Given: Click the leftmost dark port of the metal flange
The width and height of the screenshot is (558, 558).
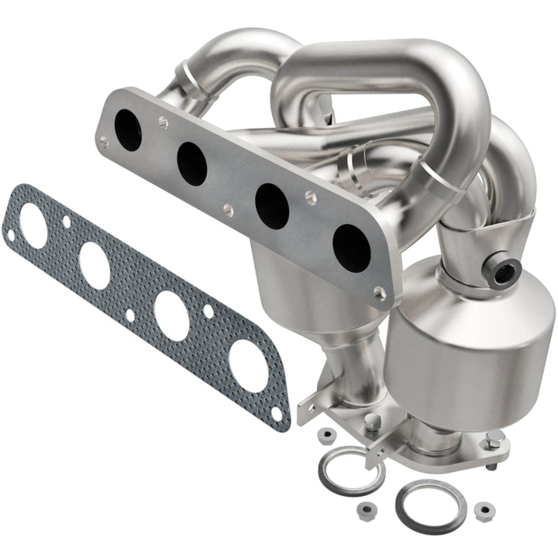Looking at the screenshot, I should pyautogui.click(x=129, y=129).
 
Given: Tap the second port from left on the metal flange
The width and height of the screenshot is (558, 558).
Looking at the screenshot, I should pyautogui.click(x=191, y=164).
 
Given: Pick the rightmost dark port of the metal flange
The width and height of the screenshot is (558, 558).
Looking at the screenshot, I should pyautogui.click(x=351, y=247).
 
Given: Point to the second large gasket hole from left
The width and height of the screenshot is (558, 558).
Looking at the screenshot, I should pyautogui.click(x=94, y=265).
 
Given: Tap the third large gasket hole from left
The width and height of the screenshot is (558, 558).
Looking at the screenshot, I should pyautogui.click(x=171, y=314).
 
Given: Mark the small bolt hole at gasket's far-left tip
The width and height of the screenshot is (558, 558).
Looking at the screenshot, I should pyautogui.click(x=11, y=233).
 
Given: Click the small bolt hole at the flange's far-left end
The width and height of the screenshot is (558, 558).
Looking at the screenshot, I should pyautogui.click(x=104, y=141).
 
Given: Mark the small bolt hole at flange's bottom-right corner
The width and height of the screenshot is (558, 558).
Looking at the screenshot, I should pyautogui.click(x=379, y=292).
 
